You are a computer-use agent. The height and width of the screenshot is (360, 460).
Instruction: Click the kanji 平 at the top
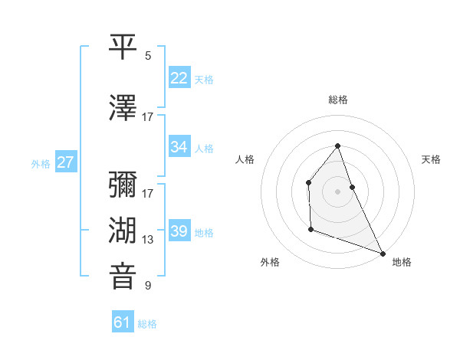pos(123,47)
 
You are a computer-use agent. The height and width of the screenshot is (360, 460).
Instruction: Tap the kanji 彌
pos(123,186)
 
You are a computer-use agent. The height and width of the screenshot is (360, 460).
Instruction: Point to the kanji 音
pos(123,277)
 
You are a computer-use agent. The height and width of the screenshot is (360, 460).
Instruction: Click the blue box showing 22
pos(179,78)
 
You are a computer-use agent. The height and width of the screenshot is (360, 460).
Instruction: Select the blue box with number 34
pos(179,147)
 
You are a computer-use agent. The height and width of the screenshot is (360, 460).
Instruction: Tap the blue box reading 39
pos(179,231)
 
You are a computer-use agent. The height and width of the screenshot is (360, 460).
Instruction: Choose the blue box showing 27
pos(66,162)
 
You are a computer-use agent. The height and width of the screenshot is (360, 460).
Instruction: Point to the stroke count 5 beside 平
pos(148,55)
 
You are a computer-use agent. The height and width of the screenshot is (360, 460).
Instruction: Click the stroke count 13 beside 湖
pos(148,239)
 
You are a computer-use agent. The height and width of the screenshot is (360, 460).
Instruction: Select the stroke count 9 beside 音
pos(148,286)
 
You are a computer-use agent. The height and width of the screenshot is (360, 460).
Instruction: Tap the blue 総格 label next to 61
pos(147,324)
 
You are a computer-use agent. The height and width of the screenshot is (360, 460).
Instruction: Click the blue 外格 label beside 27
pos(41,163)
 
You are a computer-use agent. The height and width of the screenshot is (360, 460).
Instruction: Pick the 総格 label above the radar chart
pos(337,100)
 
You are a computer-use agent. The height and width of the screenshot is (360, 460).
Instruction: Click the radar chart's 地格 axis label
pos(402,262)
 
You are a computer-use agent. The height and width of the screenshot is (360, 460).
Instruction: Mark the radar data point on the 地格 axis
pos(383,253)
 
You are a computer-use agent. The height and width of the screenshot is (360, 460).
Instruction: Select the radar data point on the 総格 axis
pos(337,146)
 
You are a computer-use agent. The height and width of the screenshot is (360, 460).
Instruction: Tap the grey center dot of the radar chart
pos(337,191)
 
